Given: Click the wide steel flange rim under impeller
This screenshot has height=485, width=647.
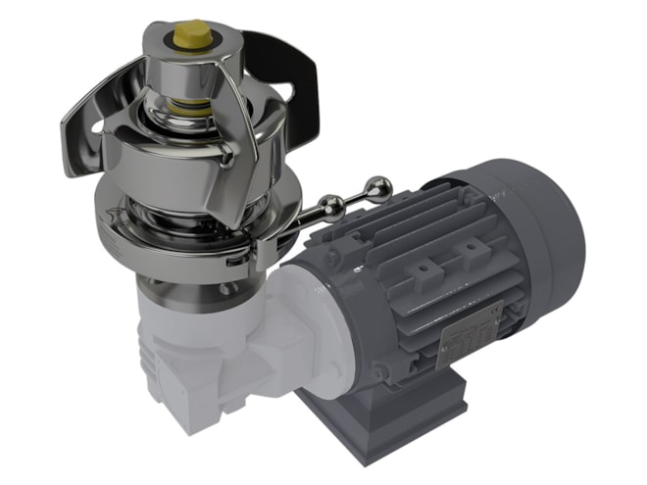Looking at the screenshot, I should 147,220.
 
